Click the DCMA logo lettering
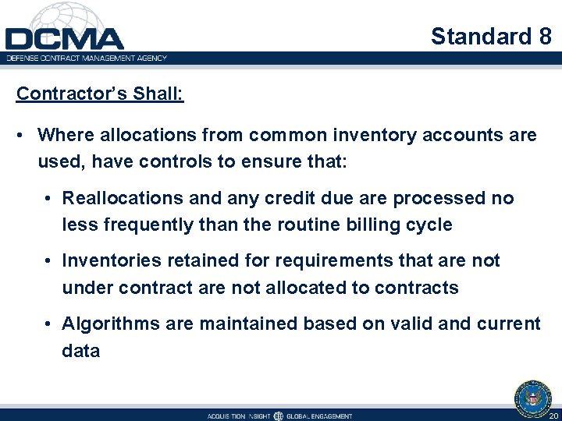click(x=64, y=38)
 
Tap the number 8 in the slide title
click(x=544, y=36)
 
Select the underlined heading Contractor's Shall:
click(x=100, y=94)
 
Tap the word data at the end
click(x=81, y=350)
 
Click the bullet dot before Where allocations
click(x=27, y=136)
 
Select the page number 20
click(x=553, y=416)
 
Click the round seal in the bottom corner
click(x=533, y=397)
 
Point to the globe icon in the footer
click(x=278, y=416)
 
